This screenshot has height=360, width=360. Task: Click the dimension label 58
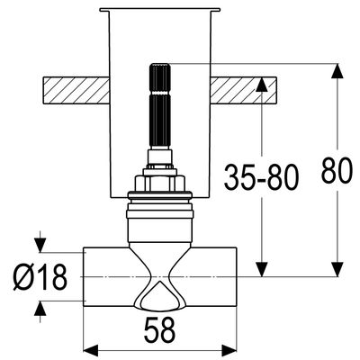click(159, 330)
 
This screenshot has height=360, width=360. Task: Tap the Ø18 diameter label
click(40, 277)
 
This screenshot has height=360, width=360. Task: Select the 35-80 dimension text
click(262, 177)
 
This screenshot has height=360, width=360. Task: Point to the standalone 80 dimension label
click(336, 170)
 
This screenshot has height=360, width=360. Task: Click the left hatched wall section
click(76, 90)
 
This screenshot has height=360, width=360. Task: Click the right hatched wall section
click(243, 90)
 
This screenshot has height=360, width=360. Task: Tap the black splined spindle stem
click(160, 106)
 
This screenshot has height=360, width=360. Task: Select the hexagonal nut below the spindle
click(159, 184)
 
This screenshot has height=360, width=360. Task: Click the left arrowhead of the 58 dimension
click(91, 350)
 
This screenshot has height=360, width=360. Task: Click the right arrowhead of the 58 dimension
click(229, 350)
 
